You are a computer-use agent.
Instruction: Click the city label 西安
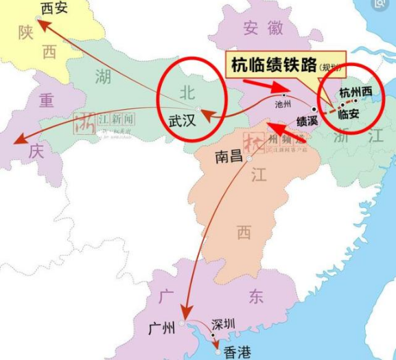click(55, 9)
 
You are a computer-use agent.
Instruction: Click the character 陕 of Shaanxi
click(27, 34)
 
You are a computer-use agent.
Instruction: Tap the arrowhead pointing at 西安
click(40, 23)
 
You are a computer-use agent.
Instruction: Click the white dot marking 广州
click(182, 322)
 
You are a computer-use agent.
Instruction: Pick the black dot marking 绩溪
click(314, 109)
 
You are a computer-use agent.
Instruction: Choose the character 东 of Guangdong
click(256, 297)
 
